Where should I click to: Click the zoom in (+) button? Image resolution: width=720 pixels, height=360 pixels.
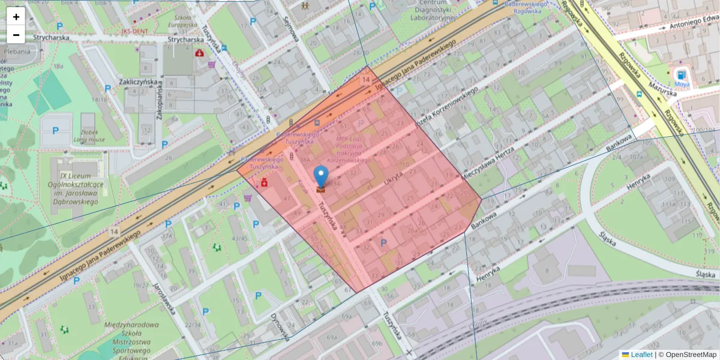[x=16, y=17]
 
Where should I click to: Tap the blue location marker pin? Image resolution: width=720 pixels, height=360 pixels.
[x=321, y=178]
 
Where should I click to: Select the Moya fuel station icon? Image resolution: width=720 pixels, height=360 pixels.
[x=682, y=75]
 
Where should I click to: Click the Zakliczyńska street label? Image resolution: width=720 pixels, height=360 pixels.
[x=137, y=82]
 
